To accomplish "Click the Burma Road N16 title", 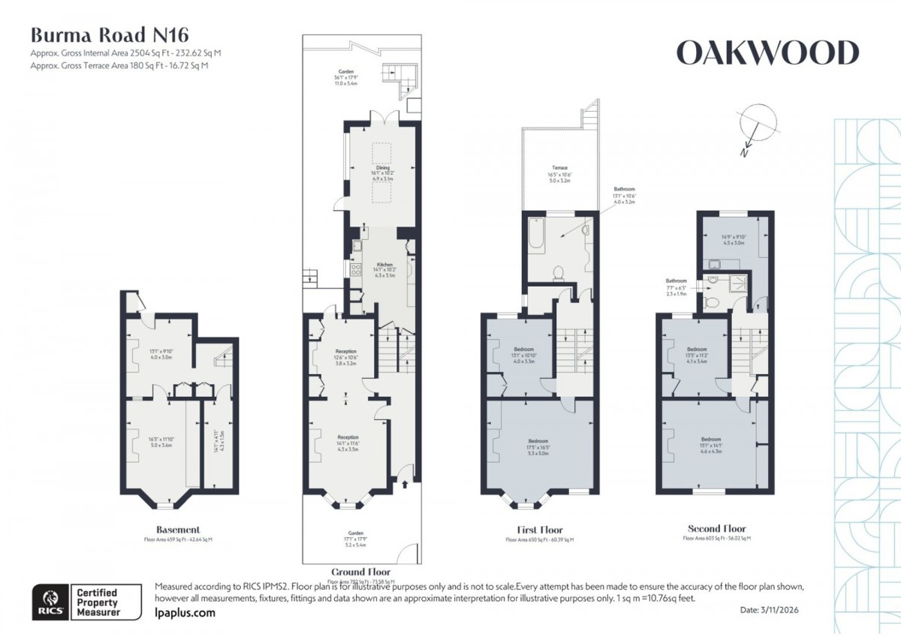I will pos(109,35).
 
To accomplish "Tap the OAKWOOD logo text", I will pos(767,53).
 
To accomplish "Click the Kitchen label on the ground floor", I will pos(384,265).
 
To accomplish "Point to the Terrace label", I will pos(559,168).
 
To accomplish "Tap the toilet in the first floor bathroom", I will pos(559,274).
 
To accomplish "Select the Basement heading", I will pos(177,529).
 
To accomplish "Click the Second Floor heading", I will pos(716,529).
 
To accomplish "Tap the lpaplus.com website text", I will pos(184,613).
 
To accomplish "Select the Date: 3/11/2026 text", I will pos(770,610).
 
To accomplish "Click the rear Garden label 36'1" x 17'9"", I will pos(345,74).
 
